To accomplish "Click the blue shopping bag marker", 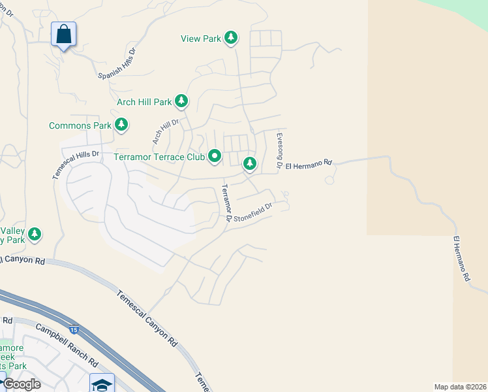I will [x=63, y=33].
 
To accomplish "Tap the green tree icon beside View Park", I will [x=230, y=38].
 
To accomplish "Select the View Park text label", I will [x=201, y=39].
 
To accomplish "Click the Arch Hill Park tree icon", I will [x=181, y=101].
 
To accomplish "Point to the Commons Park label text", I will [x=80, y=125].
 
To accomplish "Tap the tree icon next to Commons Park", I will [x=121, y=124].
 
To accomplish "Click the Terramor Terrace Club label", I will [x=159, y=157].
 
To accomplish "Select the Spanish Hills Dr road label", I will [x=117, y=63].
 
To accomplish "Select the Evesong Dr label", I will [x=279, y=151].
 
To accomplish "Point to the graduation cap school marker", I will [x=102, y=383].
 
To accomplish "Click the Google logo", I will [x=21, y=384].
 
